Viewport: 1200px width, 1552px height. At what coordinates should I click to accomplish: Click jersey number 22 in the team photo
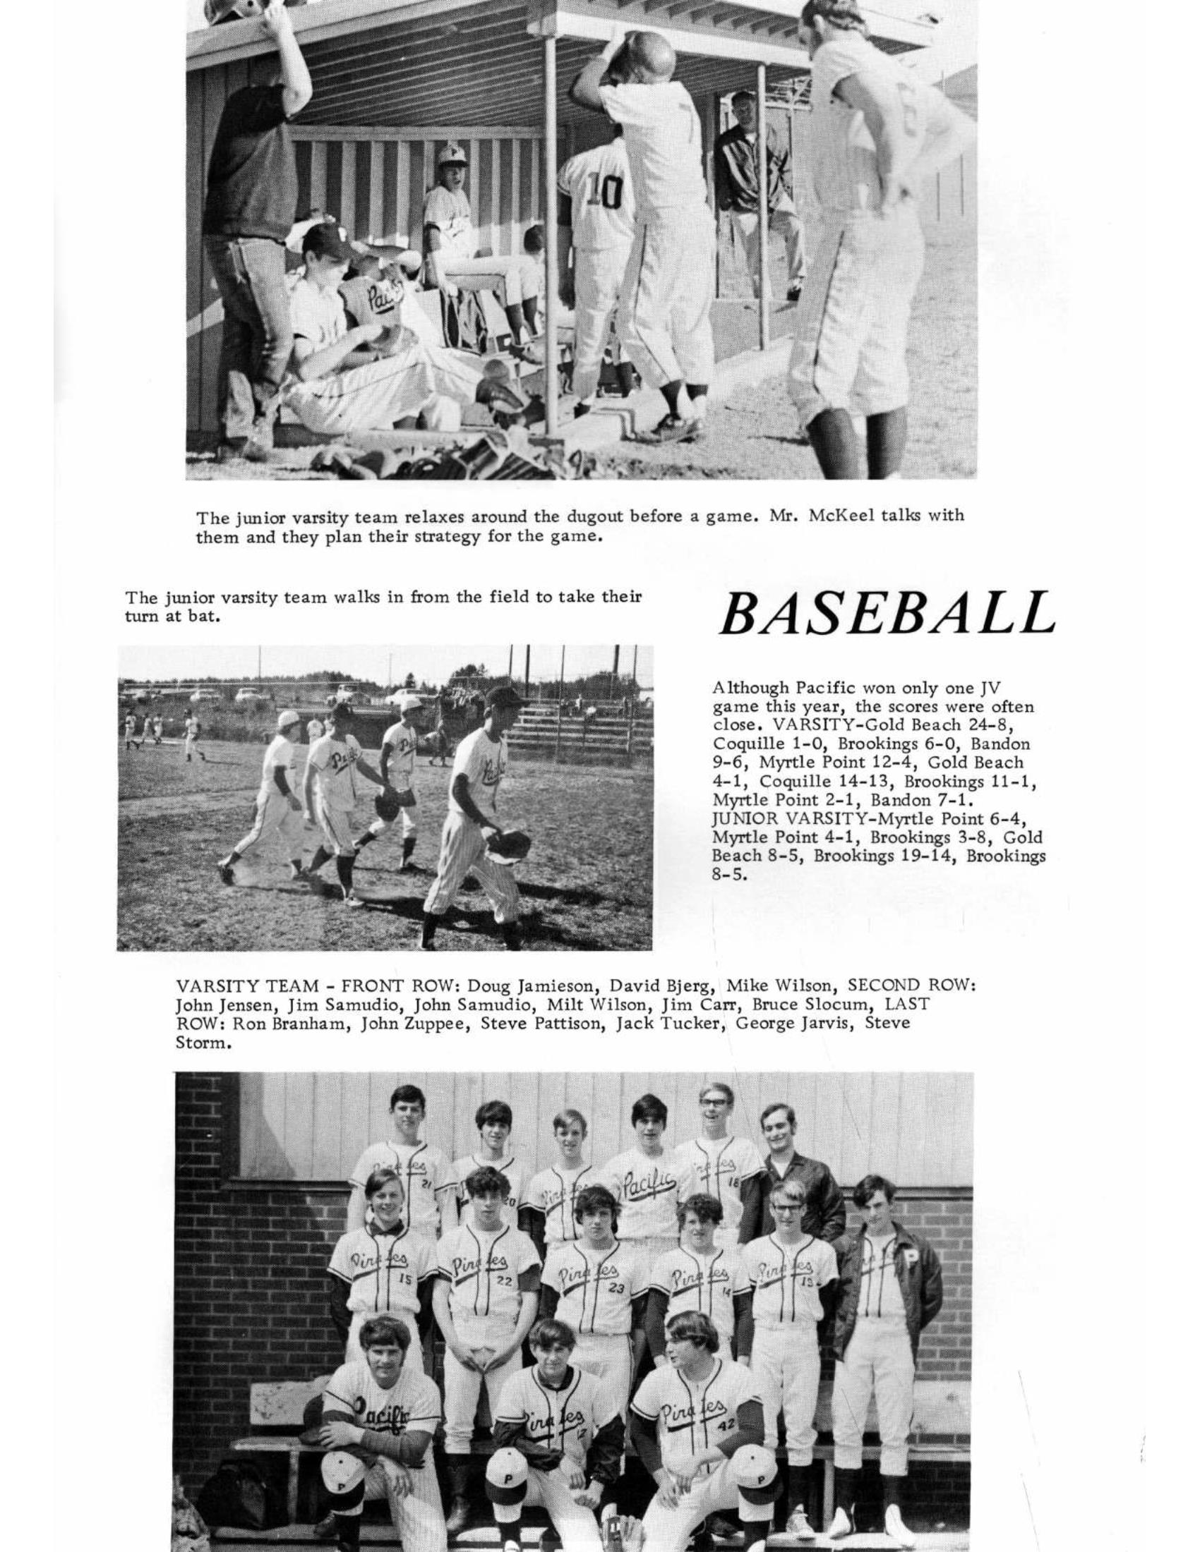coord(505,1280)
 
